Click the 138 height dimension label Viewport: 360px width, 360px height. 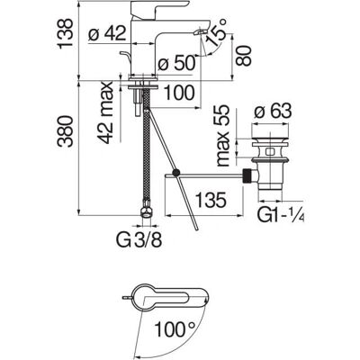coord(66,33)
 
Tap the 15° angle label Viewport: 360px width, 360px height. coord(216,32)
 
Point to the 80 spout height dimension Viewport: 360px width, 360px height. coord(243,56)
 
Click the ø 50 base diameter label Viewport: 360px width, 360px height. coord(177,63)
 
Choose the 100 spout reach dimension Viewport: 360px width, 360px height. coord(180,93)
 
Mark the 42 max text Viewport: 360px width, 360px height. coord(105,112)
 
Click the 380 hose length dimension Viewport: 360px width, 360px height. coord(66,131)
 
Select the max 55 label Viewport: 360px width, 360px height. coord(222,136)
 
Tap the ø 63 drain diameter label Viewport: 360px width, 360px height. coord(273,112)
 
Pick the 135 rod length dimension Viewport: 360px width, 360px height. coord(211,201)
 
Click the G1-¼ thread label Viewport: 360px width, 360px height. coord(281,215)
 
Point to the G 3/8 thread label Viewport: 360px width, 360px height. coord(139,240)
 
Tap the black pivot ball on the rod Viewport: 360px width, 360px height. coord(175,173)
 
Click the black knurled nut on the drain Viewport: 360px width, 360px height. coord(247,175)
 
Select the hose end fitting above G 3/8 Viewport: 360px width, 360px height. coord(146,209)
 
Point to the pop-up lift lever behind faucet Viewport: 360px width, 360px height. coord(125,57)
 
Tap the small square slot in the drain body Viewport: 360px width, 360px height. coord(270,151)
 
